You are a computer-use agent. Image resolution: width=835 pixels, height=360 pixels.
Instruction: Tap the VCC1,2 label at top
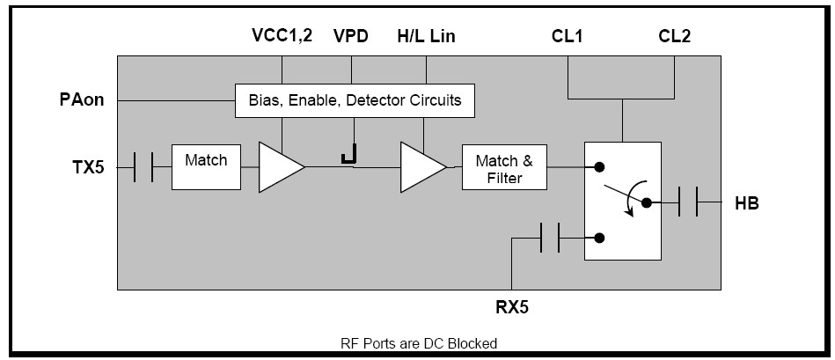[282, 37]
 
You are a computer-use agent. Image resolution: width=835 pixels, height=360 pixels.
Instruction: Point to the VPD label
[351, 37]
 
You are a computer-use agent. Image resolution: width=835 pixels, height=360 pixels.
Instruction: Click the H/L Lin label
[426, 37]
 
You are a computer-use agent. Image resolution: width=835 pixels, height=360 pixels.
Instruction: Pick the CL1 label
[568, 37]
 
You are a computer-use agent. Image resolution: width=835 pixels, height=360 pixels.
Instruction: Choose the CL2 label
[676, 37]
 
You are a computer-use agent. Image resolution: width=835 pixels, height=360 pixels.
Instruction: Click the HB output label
[746, 203]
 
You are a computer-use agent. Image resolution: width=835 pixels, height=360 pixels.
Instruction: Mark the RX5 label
[512, 307]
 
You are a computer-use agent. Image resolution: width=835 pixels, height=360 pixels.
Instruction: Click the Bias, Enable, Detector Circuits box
[355, 100]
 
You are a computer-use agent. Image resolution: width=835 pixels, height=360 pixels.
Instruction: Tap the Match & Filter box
[503, 167]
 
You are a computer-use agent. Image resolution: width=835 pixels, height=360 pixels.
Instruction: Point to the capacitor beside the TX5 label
[143, 165]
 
